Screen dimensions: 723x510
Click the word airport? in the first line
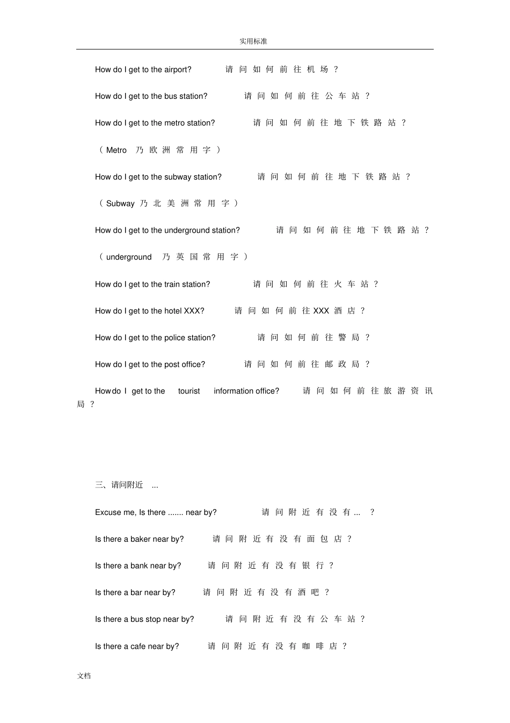[178, 69]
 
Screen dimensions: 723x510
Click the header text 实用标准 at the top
[253, 41]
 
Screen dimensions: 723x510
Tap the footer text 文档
[84, 676]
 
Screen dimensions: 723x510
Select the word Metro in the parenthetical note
[116, 150]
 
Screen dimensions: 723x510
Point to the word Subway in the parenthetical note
[120, 203]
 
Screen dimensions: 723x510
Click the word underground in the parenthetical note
[129, 257]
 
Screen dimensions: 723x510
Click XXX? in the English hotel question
[194, 311]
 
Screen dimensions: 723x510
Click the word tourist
[189, 391]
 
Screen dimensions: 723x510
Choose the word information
[234, 391]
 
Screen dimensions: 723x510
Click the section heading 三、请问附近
[119, 485]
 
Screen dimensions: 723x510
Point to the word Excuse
[108, 512]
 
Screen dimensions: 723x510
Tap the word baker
[141, 539]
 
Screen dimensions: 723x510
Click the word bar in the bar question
[136, 592]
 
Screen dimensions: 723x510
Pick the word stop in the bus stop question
[153, 619]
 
